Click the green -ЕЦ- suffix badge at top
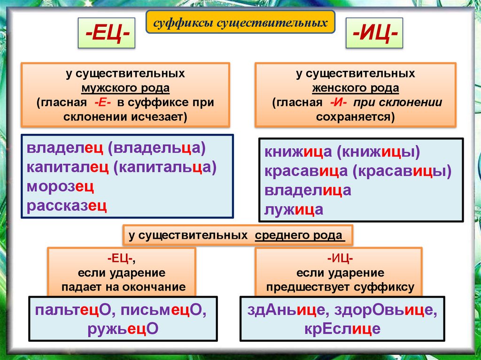point(107,34)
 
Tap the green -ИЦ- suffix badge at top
point(374,34)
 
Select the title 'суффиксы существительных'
point(240,22)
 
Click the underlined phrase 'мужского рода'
point(125,88)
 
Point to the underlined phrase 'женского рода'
point(356,88)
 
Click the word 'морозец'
point(61,186)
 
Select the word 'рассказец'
point(67,205)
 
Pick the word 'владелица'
point(308,190)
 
